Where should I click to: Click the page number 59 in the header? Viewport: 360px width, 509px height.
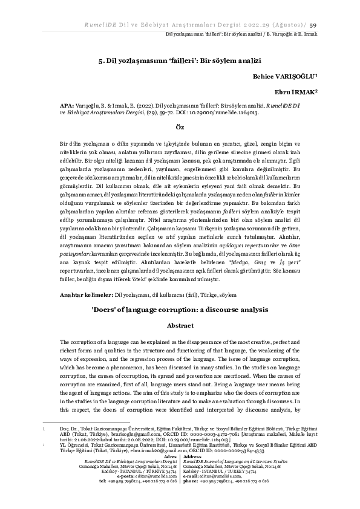pyautogui.click(x=313, y=25)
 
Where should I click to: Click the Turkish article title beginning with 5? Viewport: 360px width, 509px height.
pyautogui.click(x=179, y=62)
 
